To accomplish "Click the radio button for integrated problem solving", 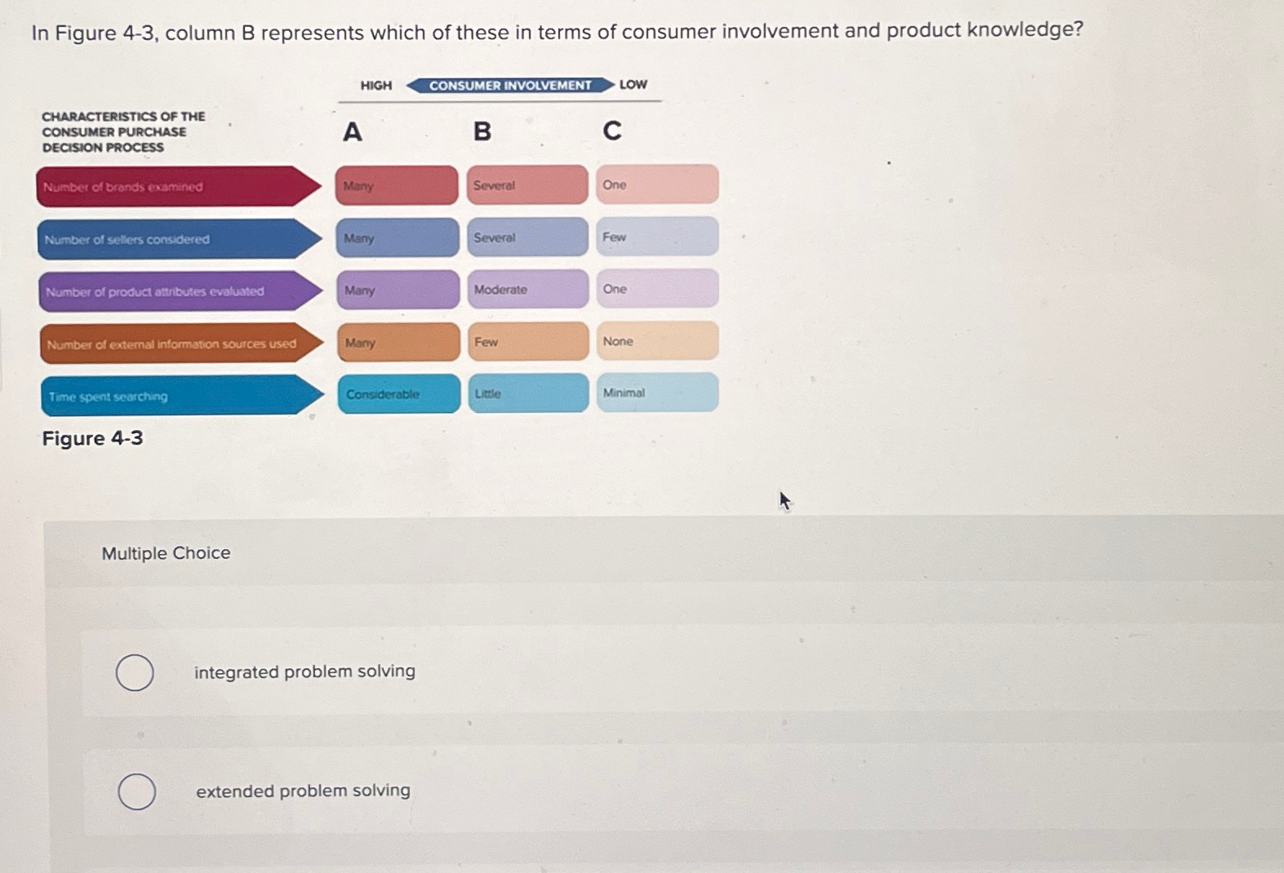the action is pos(135,672).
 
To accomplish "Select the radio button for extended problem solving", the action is pos(136,791).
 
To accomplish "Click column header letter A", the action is pos(352,131).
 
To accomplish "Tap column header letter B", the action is pos(482,131).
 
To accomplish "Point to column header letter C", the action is pos(612,131).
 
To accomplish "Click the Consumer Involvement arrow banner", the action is pos(510,85).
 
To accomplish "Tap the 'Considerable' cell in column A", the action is pos(398,394).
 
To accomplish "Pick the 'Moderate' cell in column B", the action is pos(527,290).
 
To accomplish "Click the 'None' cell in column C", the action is pos(657,341).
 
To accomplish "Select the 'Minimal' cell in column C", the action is pos(657,392).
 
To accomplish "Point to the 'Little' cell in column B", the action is pos(527,393).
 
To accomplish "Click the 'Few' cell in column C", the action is pos(657,237).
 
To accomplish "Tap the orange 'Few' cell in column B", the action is pos(527,342).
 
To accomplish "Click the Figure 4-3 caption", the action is pos(92,438).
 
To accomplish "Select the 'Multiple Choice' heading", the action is pos(166,553).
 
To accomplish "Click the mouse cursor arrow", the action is pos(784,500).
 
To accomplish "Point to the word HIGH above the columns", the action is pos(376,86).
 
